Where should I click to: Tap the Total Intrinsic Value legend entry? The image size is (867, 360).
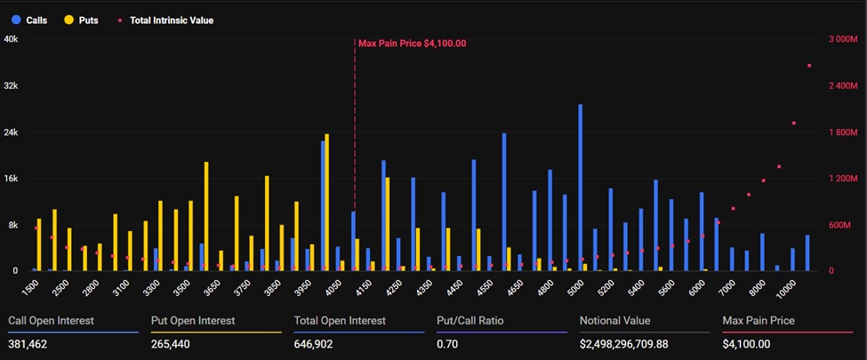[165, 20]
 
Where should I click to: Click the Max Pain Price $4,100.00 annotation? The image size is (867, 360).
[412, 43]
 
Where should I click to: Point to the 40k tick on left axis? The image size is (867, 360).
[11, 39]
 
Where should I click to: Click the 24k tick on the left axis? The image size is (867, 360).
[11, 132]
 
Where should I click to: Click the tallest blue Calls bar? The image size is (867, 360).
[581, 187]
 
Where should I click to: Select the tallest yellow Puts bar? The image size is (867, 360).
[327, 202]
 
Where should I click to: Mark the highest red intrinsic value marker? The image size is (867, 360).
[808, 66]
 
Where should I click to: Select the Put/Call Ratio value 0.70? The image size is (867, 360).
[446, 342]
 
